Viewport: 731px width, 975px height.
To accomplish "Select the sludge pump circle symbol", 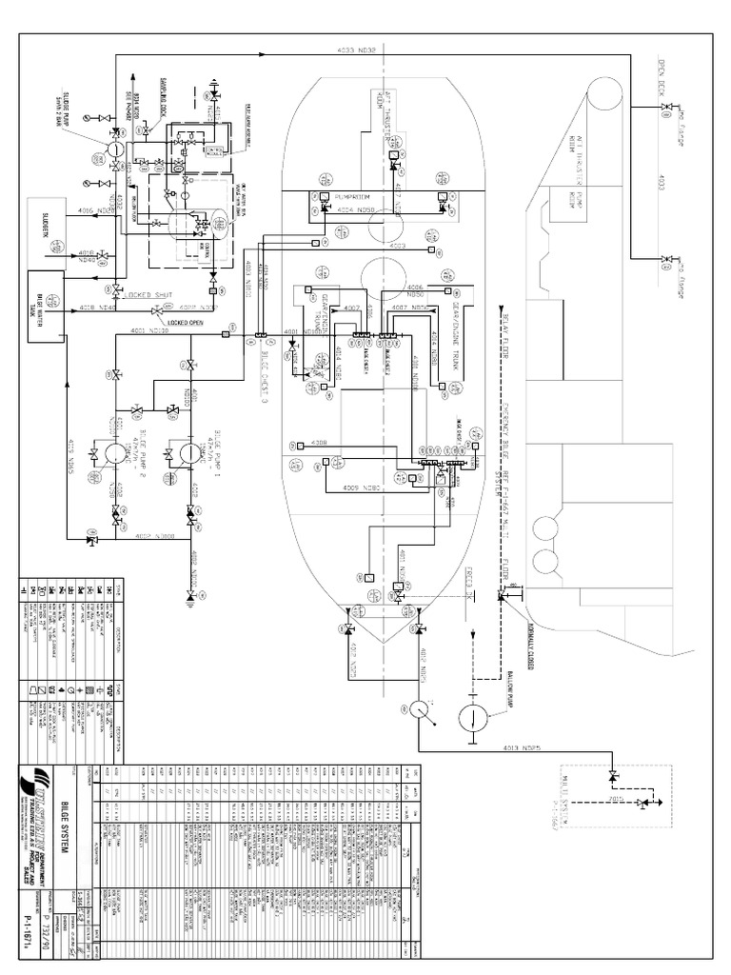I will tap(112, 149).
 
